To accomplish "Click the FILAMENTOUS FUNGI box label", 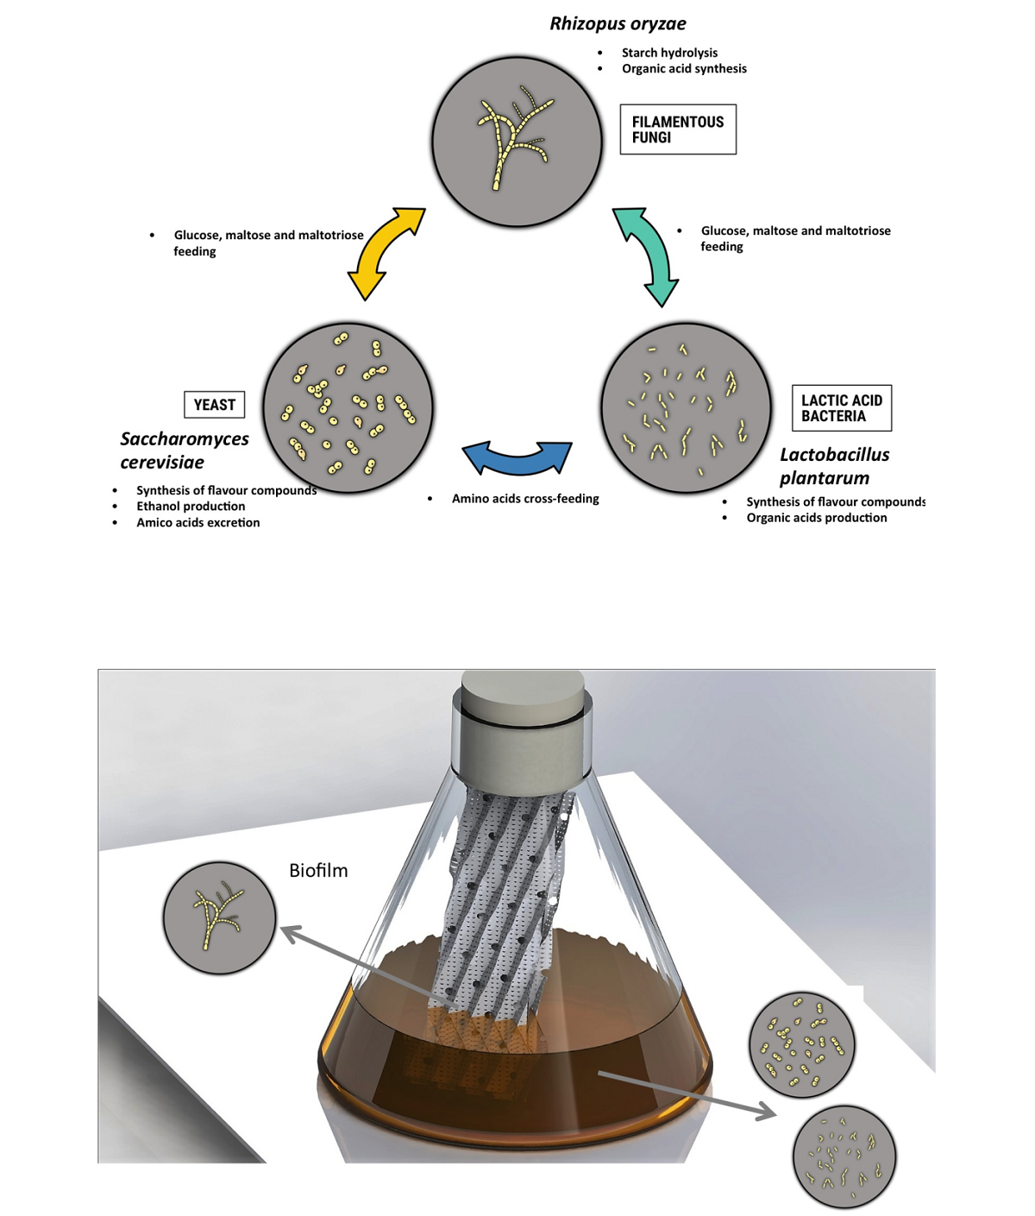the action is coord(678,129).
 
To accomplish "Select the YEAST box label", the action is coord(214,405).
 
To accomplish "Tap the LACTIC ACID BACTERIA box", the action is coord(841,408).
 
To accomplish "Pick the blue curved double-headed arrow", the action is coord(517,457).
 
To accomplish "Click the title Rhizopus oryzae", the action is coord(618,24).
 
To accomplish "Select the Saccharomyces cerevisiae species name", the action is coord(184,450).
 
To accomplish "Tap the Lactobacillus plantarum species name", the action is coord(834,466).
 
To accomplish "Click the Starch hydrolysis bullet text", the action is coord(669,53).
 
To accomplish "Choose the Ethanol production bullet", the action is coord(191,507).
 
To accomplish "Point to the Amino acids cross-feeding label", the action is coord(525,499).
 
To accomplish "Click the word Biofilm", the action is coord(318,871).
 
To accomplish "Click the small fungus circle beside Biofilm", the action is coord(219,917).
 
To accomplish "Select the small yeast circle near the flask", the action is coord(801,1044).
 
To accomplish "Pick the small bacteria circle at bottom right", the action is coord(844,1156).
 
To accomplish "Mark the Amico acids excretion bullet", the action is coord(198,523).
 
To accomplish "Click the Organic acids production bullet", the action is coord(816,518).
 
